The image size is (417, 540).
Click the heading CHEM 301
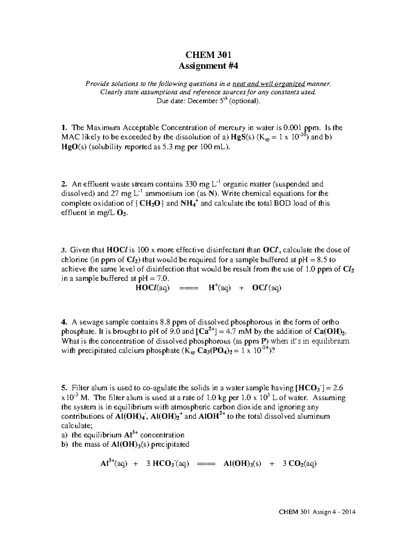tap(208, 55)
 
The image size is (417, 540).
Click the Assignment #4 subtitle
tap(208, 66)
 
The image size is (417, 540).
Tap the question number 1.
tap(63, 128)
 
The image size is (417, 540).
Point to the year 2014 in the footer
tap(349, 512)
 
